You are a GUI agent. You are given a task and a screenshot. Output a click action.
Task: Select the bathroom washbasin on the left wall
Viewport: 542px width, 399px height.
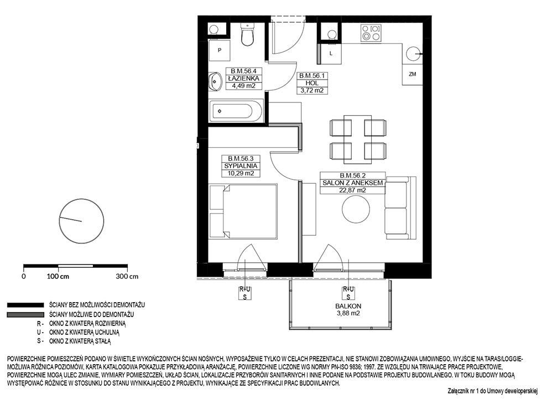pyautogui.click(x=214, y=82)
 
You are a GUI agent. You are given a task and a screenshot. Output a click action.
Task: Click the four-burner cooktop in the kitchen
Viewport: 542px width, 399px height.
pyautogui.click(x=371, y=33)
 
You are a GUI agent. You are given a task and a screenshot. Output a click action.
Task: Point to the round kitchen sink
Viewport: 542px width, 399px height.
pyautogui.click(x=414, y=54)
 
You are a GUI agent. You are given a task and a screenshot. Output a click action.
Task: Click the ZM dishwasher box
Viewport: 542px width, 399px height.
pyautogui.click(x=412, y=74)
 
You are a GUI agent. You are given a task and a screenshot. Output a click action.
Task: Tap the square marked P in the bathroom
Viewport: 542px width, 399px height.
pyautogui.click(x=220, y=50)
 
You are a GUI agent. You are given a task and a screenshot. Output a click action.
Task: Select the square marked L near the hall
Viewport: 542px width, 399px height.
pyautogui.click(x=331, y=54)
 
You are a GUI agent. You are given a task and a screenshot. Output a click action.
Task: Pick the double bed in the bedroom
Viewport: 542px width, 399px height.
pyautogui.click(x=243, y=211)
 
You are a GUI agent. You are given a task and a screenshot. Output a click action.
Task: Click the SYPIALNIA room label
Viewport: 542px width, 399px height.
pyautogui.click(x=241, y=166)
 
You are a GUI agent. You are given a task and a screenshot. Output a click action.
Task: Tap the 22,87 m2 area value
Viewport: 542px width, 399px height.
pyautogui.click(x=353, y=190)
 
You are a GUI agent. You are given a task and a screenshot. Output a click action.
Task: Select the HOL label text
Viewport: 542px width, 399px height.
pyautogui.click(x=312, y=83)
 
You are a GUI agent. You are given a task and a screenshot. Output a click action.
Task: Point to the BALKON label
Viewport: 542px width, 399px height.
pyautogui.click(x=348, y=306)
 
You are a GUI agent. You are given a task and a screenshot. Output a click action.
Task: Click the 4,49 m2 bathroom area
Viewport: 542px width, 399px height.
pyautogui.click(x=244, y=86)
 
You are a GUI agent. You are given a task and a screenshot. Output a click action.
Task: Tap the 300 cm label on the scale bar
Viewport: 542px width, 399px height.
pyautogui.click(x=127, y=276)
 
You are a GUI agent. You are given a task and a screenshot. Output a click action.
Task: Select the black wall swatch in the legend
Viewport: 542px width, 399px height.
pyautogui.click(x=25, y=305)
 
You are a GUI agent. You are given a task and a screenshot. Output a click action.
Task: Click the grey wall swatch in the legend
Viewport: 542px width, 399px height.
pyautogui.click(x=25, y=315)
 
